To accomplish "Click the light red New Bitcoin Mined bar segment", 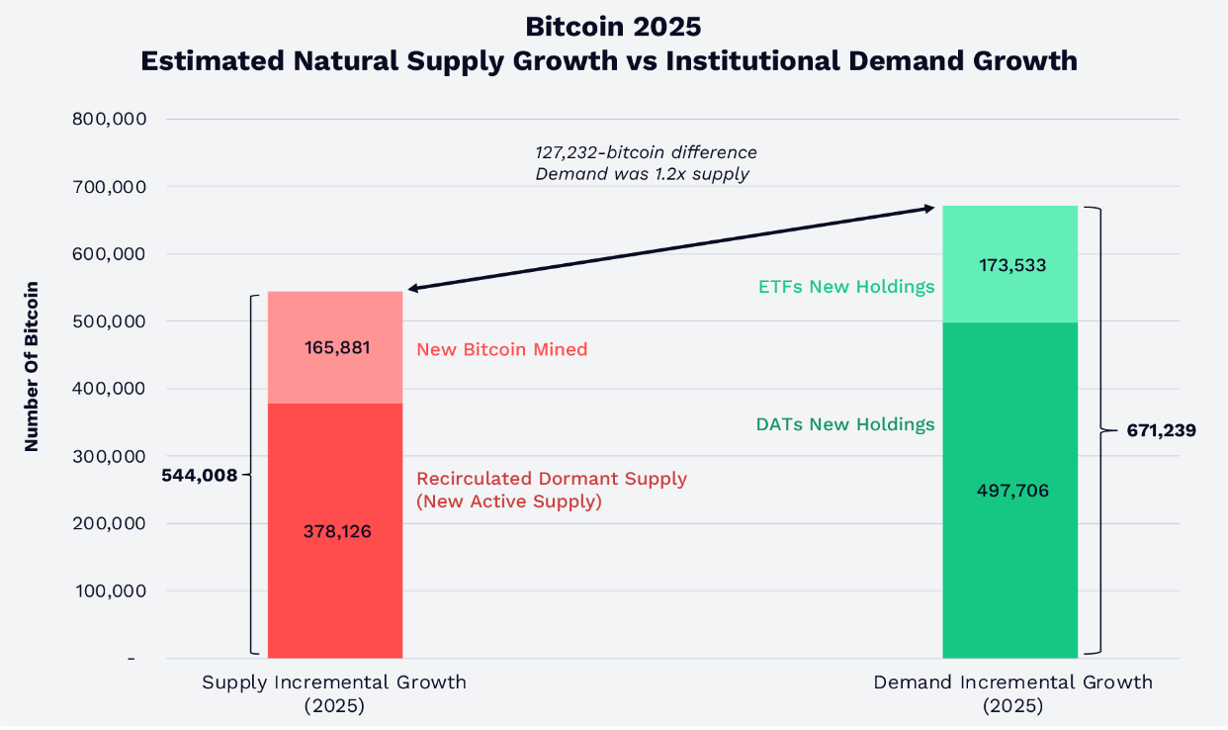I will pyautogui.click(x=335, y=317).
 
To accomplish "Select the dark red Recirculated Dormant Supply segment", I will pyautogui.click(x=335, y=584).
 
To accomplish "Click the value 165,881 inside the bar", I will pyautogui.click(x=335, y=348).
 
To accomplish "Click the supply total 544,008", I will pyautogui.click(x=200, y=476).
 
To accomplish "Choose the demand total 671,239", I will pyautogui.click(x=1162, y=431).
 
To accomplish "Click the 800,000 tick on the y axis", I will pyautogui.click(x=110, y=120).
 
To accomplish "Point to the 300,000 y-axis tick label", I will pyautogui.click(x=110, y=457).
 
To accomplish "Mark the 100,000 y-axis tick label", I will pyautogui.click(x=110, y=592).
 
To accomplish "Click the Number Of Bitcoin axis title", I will pyautogui.click(x=32, y=367).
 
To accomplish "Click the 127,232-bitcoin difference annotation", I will pyautogui.click(x=645, y=153).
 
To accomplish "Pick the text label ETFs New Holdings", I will pyautogui.click(x=846, y=287).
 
